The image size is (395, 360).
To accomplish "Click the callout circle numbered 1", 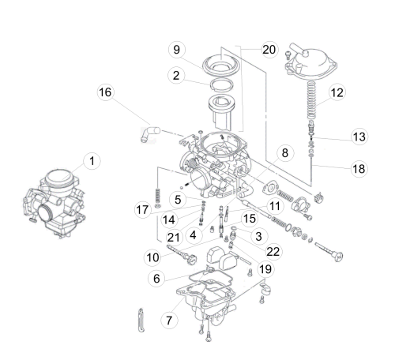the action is click(x=92, y=161).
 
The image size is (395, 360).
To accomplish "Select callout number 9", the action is click(x=177, y=50).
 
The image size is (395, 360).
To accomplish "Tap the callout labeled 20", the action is click(x=269, y=49).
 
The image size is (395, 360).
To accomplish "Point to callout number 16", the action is click(x=105, y=92).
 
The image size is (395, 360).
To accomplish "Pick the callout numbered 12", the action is click(x=337, y=92).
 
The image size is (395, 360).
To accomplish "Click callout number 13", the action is click(x=359, y=137).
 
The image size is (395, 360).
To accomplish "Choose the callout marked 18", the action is click(x=359, y=169).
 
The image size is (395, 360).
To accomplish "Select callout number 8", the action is click(x=285, y=153).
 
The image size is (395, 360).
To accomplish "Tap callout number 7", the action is click(x=169, y=321).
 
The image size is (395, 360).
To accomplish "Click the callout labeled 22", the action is click(x=273, y=252).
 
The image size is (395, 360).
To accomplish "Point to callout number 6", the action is click(x=156, y=279).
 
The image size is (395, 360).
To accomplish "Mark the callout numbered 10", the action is click(x=152, y=257).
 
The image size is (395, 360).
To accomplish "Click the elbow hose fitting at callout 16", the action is click(x=149, y=133).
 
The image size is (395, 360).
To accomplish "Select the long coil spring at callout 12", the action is click(x=311, y=100).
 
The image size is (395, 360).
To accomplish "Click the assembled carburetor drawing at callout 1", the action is click(x=55, y=203).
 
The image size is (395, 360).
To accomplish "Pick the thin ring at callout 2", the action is click(x=222, y=85).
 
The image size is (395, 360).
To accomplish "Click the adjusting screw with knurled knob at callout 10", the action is click(x=182, y=255).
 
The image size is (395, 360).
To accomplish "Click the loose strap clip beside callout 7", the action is click(x=141, y=320).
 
